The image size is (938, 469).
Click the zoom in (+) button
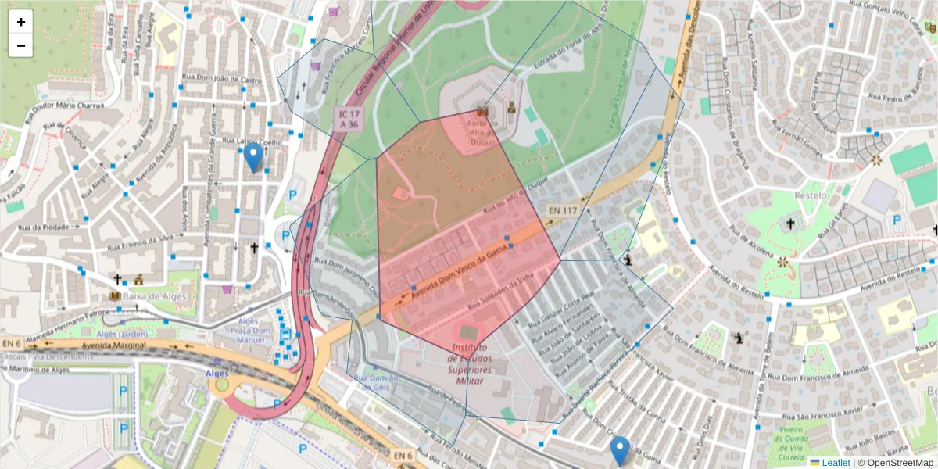pos(21,22)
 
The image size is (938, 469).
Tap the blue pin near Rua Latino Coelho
pos(252,157)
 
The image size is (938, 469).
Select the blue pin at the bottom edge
pos(620,451)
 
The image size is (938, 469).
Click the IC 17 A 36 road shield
pos(349,119)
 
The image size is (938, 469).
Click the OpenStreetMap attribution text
pos(896,463)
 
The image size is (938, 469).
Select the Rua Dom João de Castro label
pos(221,79)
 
